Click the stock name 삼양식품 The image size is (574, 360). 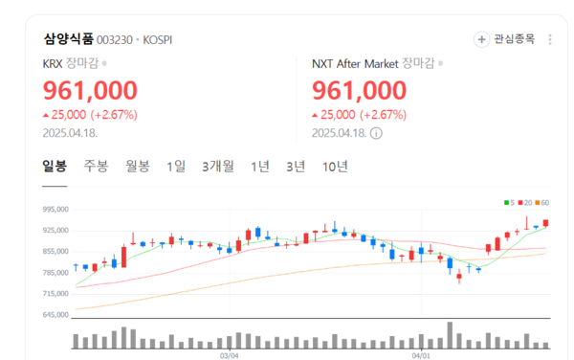(68, 39)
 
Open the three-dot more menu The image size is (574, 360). (549, 39)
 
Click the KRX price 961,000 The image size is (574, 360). (90, 91)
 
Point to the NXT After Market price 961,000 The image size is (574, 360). (359, 91)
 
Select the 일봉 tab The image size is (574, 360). (55, 166)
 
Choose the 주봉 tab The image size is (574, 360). (96, 166)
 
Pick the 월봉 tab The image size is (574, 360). (138, 166)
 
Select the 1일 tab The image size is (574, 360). (176, 166)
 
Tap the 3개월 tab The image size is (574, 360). (218, 166)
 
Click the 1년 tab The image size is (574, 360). (260, 166)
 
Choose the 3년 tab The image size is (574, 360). (296, 166)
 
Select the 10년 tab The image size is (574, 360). (336, 166)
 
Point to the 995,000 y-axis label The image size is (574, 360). (57, 209)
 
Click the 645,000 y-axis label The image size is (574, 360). (57, 314)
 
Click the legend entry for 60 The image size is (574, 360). (543, 202)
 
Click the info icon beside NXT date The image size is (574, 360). (376, 133)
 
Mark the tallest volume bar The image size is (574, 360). (450, 335)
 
